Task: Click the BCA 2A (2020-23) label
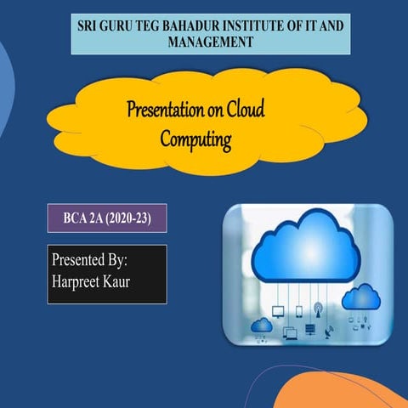pyautogui.click(x=106, y=218)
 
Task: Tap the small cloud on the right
pyautogui.click(x=360, y=296)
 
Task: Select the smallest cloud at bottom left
pyautogui.click(x=263, y=325)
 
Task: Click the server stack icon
pyautogui.click(x=310, y=329)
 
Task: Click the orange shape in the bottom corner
pyautogui.click(x=340, y=392)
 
